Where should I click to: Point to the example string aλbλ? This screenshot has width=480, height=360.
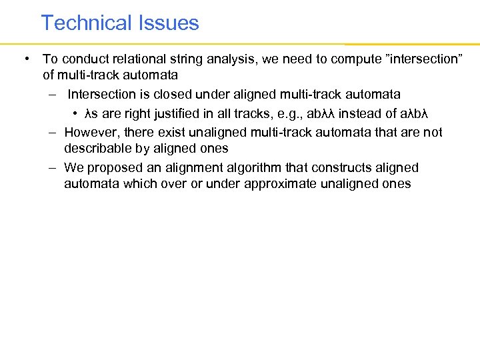pyautogui.click(x=407, y=111)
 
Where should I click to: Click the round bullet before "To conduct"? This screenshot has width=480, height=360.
pyautogui.click(x=25, y=59)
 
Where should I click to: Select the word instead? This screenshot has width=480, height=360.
pyautogui.click(x=359, y=111)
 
